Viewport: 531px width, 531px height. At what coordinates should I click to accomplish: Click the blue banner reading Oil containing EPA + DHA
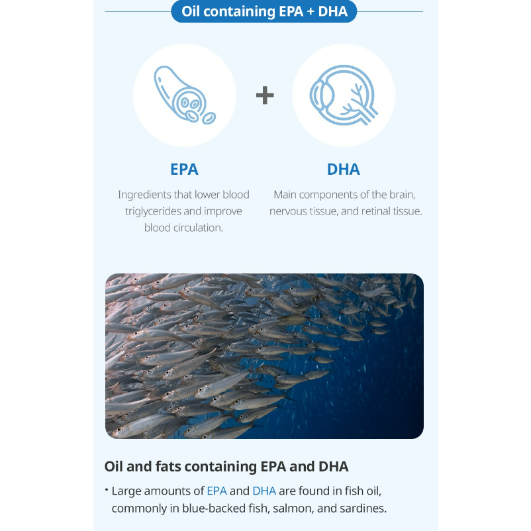click(x=264, y=11)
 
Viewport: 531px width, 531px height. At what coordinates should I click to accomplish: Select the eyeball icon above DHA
click(x=344, y=95)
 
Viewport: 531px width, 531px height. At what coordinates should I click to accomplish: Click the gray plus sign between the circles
click(x=265, y=95)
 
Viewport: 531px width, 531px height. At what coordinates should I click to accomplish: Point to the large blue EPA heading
click(x=184, y=169)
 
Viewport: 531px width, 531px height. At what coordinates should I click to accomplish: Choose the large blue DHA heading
click(x=344, y=169)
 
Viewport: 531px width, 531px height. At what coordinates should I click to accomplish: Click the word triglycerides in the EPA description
click(x=154, y=212)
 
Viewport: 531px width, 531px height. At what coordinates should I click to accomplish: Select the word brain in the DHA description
click(x=402, y=195)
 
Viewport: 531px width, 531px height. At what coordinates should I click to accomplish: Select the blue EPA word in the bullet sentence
click(x=217, y=491)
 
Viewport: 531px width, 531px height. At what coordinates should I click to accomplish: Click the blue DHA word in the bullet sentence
click(x=264, y=491)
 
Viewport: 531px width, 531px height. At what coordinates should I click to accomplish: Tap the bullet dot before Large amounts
click(x=107, y=489)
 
